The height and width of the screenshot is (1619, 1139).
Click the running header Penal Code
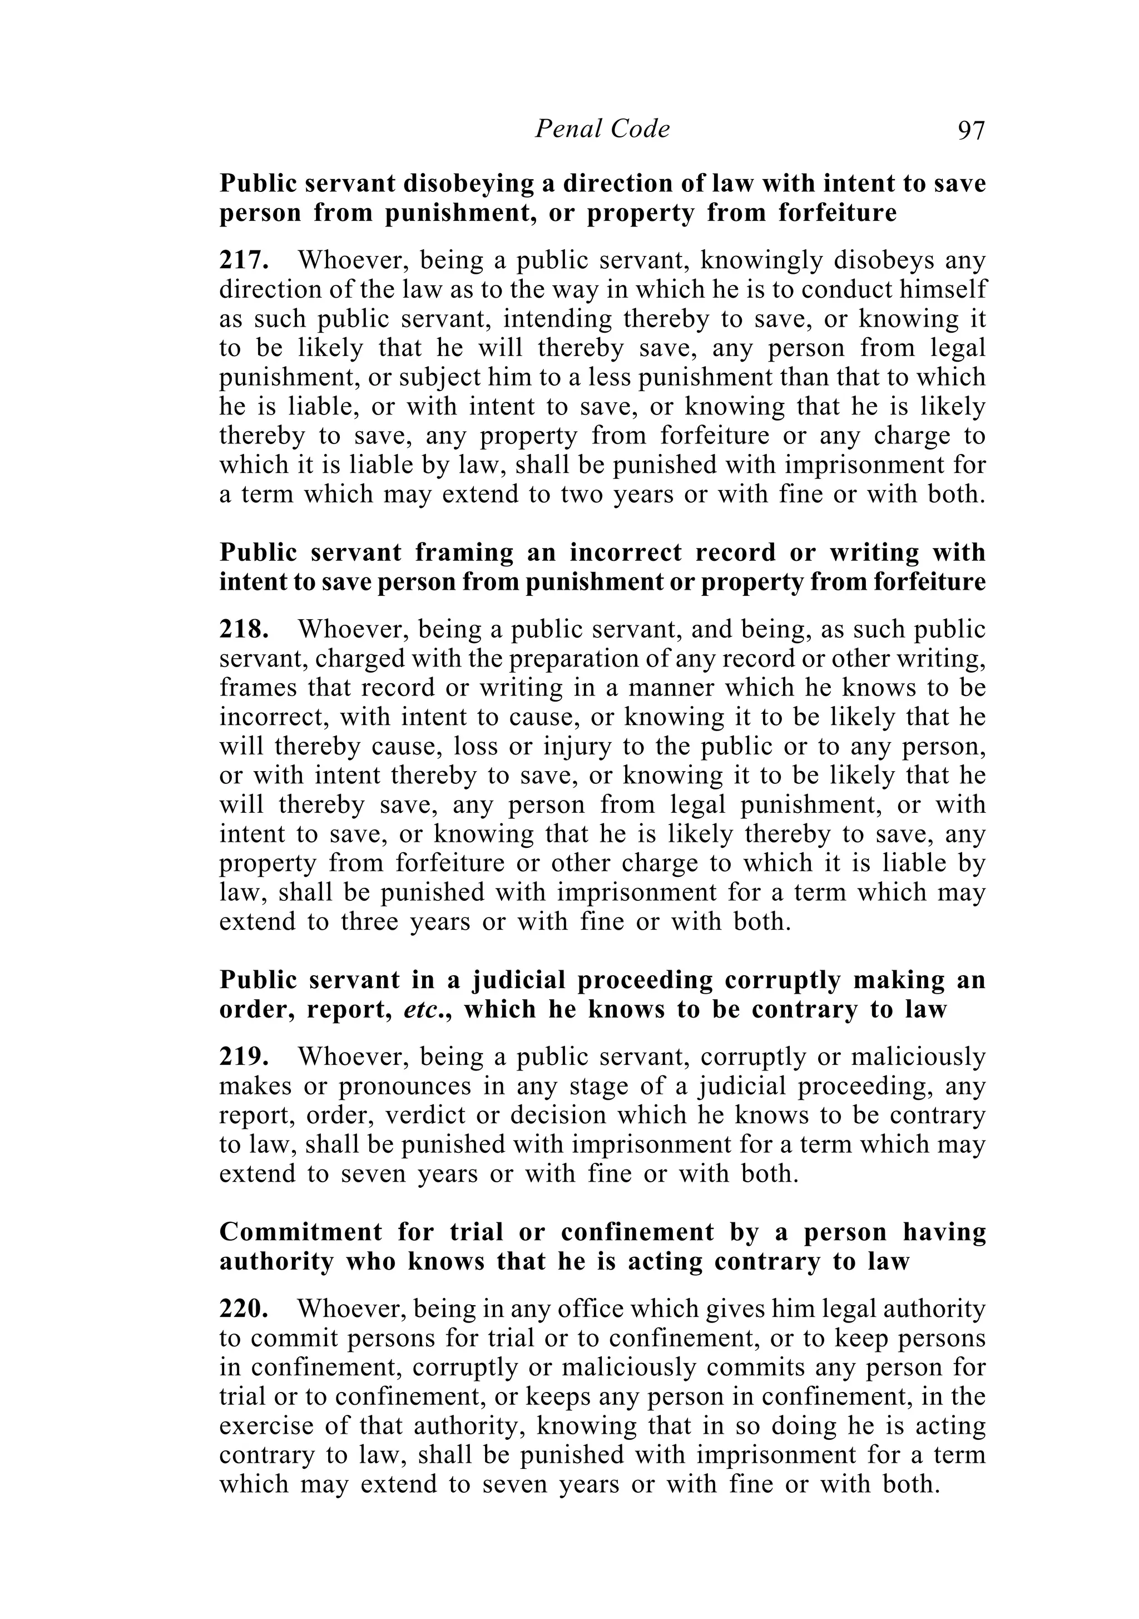(x=602, y=129)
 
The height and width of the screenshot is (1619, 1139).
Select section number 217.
(x=243, y=261)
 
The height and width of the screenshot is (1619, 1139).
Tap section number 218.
(x=243, y=629)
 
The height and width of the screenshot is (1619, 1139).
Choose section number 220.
(x=243, y=1309)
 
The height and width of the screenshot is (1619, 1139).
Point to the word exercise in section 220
(x=266, y=1427)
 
